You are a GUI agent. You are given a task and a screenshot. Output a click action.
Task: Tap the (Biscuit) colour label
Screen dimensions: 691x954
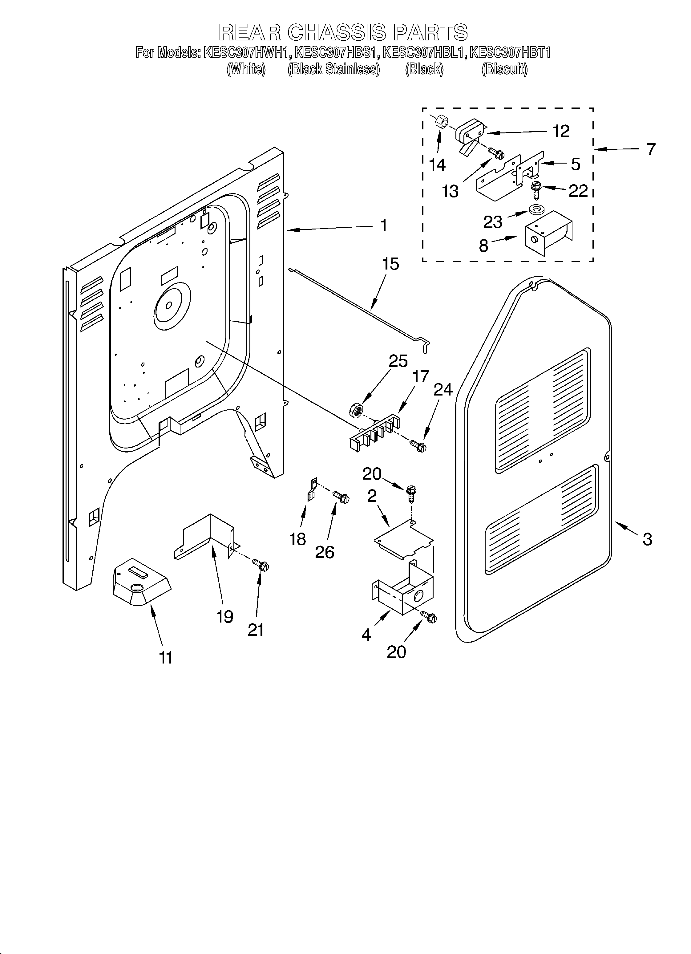(x=504, y=69)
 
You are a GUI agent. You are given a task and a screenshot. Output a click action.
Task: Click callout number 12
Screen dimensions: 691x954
(x=561, y=131)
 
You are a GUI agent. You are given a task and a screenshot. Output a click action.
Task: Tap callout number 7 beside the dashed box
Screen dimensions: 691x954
(x=651, y=149)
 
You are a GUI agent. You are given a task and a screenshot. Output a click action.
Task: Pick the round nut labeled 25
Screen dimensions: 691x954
(x=356, y=410)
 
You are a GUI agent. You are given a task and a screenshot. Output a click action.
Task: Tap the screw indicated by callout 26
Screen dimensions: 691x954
(x=341, y=497)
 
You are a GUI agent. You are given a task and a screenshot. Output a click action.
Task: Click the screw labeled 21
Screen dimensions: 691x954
(x=261, y=565)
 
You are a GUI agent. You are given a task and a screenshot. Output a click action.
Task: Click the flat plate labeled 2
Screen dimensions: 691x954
(x=403, y=540)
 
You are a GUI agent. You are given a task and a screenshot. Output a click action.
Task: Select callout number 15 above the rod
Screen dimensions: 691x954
(x=390, y=264)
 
